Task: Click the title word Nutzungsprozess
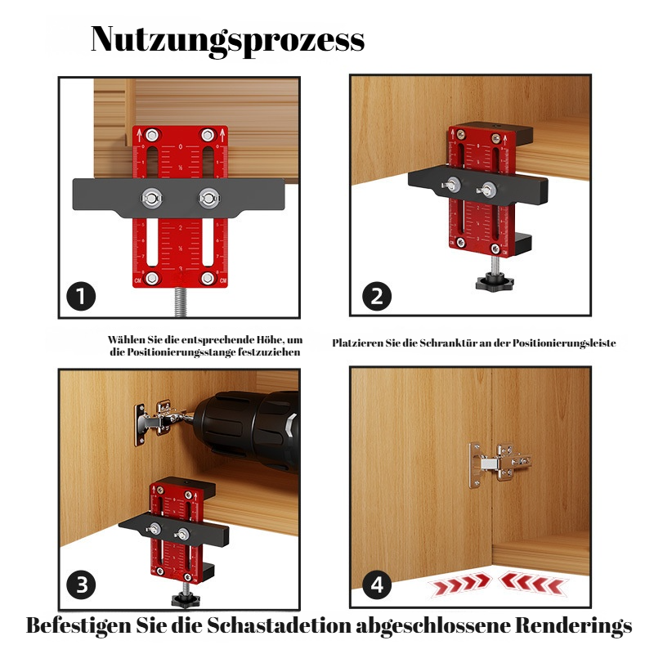[226, 39]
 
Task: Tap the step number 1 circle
[82, 297]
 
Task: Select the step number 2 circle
[376, 296]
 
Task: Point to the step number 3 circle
[82, 585]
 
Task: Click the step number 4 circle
[376, 585]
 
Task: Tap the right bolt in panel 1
[208, 197]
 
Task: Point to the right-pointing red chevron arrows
[459, 584]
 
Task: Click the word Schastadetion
[281, 626]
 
